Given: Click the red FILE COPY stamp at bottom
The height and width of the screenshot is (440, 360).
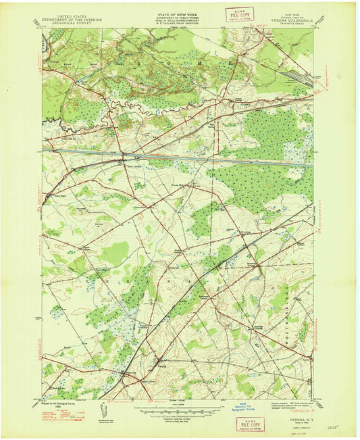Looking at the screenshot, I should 250,424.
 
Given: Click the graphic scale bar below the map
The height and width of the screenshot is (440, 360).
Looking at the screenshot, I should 179,404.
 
